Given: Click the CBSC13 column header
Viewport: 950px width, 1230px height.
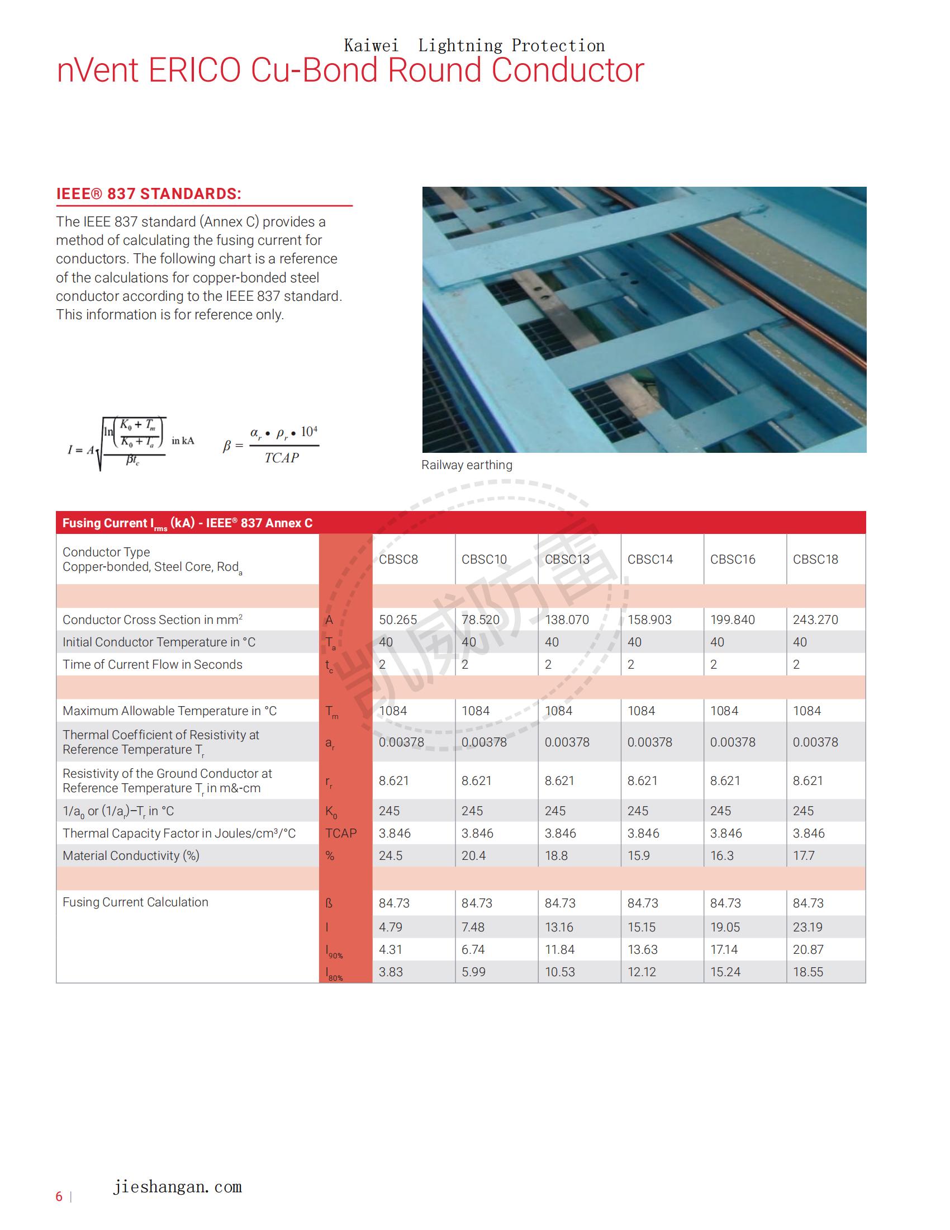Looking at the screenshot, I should tap(567, 559).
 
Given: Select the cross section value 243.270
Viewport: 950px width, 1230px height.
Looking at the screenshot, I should tap(815, 619).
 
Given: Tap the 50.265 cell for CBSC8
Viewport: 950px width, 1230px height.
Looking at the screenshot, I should tap(397, 619).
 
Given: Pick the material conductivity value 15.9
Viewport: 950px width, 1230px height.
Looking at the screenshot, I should tap(638, 855).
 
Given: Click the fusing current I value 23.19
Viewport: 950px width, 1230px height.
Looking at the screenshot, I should tap(807, 927).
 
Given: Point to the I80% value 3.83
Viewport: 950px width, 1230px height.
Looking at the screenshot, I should tap(391, 972).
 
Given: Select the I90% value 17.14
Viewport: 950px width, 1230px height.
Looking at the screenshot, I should tap(724, 949).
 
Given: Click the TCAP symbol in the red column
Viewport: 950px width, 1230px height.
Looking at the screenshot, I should tap(340, 833).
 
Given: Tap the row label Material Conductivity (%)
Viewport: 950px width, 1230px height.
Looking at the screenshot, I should tap(131, 855).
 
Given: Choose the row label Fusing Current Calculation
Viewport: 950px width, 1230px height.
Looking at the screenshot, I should tap(135, 902).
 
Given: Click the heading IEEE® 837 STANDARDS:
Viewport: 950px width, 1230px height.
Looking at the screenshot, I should tap(149, 194).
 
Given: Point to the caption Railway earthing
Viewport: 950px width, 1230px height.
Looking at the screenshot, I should tap(467, 465).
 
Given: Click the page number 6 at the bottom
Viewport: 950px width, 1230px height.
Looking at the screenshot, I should tap(59, 1196).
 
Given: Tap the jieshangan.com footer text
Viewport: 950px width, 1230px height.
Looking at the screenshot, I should tap(177, 1186).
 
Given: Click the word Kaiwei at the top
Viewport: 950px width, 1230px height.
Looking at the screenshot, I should tap(371, 45).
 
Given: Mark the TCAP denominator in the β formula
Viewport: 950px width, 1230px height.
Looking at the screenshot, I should tap(282, 458).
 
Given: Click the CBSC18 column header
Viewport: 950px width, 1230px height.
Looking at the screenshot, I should tap(815, 559).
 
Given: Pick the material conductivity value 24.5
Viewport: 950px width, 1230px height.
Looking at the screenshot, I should tap(390, 855).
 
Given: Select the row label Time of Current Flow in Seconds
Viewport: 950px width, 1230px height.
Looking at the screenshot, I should tap(152, 664).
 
